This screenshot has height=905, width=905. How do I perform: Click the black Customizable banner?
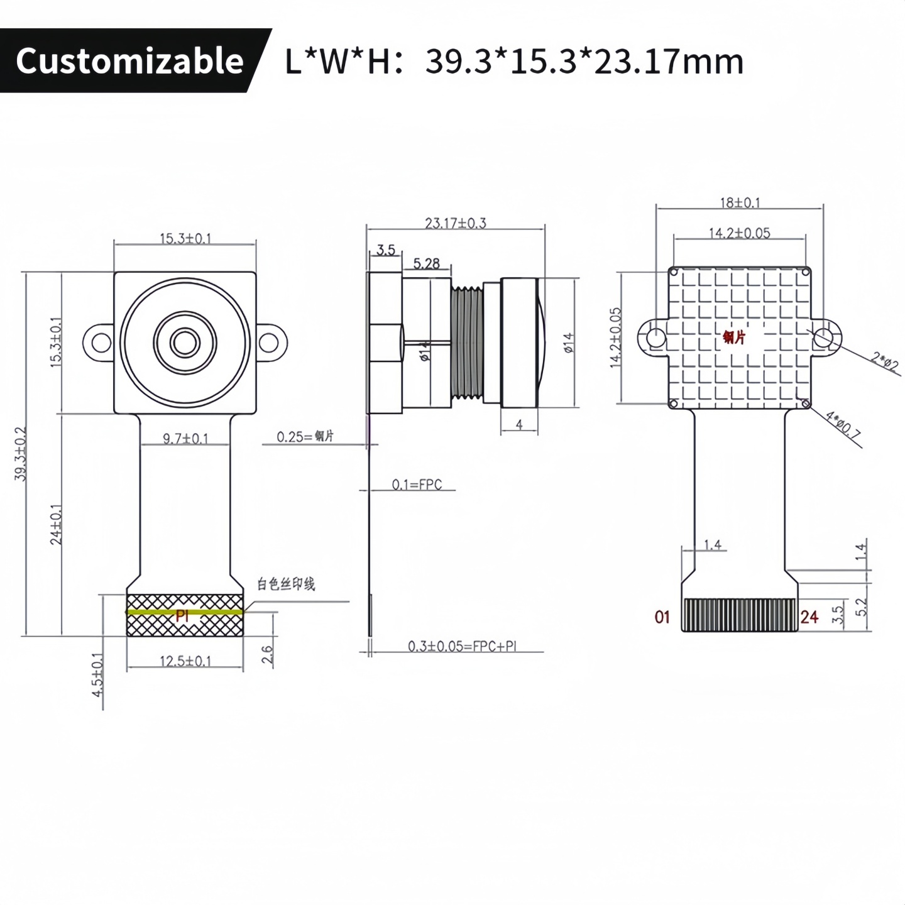click(129, 61)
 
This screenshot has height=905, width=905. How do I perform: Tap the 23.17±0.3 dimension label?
click(456, 223)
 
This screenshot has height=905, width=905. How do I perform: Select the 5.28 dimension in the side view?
click(426, 264)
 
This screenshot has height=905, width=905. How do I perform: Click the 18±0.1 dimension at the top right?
click(740, 203)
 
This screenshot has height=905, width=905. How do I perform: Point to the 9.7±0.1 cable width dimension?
click(185, 438)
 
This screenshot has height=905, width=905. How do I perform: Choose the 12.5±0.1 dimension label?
click(185, 661)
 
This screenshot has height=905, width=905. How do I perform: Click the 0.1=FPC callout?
click(417, 485)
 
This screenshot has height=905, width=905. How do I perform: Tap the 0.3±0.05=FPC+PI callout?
click(462, 646)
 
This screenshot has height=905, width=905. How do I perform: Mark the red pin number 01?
click(662, 617)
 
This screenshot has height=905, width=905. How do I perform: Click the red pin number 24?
click(809, 617)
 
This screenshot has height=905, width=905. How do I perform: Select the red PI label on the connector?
click(182, 615)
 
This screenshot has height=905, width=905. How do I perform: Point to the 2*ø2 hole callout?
click(885, 362)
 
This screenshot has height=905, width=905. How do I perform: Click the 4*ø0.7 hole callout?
click(843, 424)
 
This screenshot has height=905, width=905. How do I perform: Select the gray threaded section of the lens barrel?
click(467, 343)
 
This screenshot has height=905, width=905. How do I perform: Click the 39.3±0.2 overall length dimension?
click(21, 454)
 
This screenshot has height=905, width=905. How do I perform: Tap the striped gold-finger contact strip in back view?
click(740, 615)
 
